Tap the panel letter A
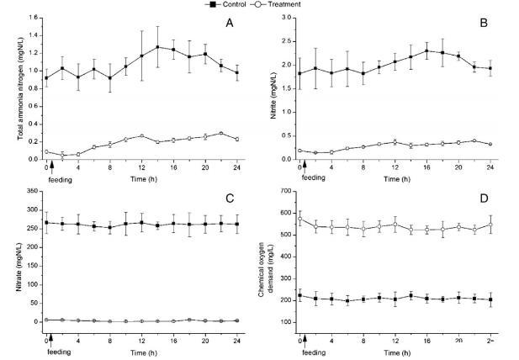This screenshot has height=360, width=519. pos(229,24)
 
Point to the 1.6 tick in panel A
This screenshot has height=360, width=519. pos(32,19)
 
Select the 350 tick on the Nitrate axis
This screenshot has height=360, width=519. pos(31,193)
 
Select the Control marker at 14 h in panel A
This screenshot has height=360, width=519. pos(158,46)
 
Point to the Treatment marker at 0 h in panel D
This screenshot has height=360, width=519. pos(300,219)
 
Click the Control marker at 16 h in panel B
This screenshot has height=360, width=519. pos(427,50)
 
